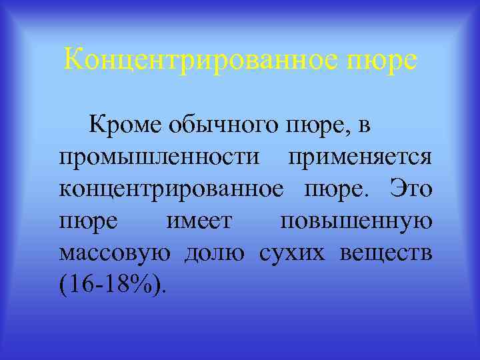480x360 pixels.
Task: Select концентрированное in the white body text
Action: click(x=170, y=190)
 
